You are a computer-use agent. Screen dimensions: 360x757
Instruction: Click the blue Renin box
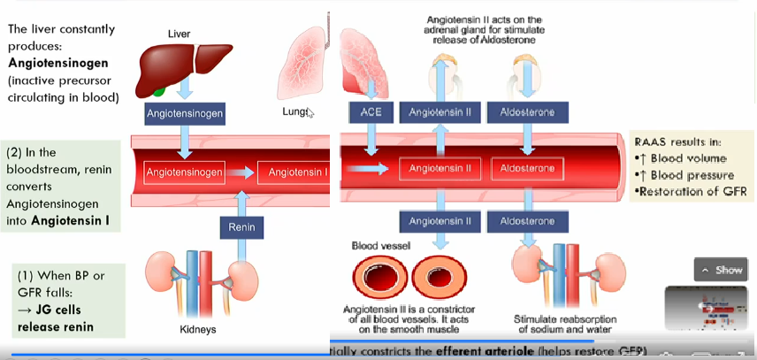[241, 227]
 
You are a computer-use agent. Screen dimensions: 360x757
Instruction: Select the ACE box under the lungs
[371, 113]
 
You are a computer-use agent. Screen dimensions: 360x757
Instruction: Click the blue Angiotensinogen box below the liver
[185, 114]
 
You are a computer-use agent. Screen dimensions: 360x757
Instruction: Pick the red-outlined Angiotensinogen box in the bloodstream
[185, 171]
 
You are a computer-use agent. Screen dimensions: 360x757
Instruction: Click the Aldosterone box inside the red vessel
[528, 168]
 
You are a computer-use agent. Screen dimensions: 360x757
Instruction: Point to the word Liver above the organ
[179, 34]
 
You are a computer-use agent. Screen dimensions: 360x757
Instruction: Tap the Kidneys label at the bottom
[197, 329]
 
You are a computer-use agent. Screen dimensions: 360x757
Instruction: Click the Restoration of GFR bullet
[690, 191]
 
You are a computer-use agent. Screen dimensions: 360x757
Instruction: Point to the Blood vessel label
[382, 246]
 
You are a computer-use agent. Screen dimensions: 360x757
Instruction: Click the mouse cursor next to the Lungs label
[310, 112]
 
